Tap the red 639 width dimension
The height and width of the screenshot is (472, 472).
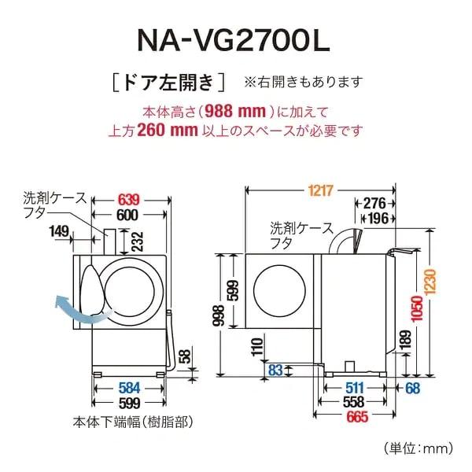tap(131, 200)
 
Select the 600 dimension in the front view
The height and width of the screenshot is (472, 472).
tap(128, 216)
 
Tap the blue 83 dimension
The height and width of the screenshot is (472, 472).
tap(275, 369)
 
